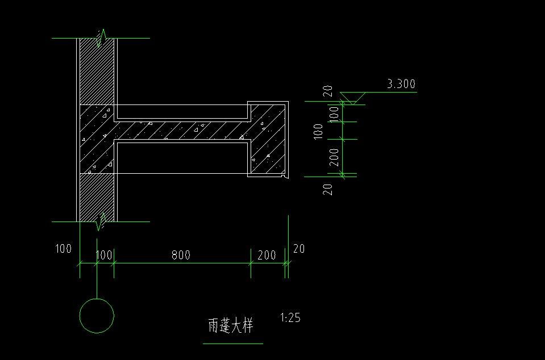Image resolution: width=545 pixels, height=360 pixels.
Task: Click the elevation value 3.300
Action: (401, 83)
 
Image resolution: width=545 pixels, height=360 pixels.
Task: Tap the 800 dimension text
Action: (181, 255)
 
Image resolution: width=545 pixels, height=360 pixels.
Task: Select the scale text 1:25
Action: (290, 317)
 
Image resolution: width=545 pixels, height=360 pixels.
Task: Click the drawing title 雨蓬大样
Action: (231, 325)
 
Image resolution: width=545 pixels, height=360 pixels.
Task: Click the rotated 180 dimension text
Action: (318, 132)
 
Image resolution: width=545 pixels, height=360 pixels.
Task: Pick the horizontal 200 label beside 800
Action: (267, 255)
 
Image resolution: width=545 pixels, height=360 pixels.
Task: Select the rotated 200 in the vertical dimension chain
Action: (334, 157)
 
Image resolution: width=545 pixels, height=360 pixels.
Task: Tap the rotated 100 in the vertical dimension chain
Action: (334, 114)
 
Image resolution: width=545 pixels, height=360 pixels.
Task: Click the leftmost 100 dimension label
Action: (63, 249)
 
